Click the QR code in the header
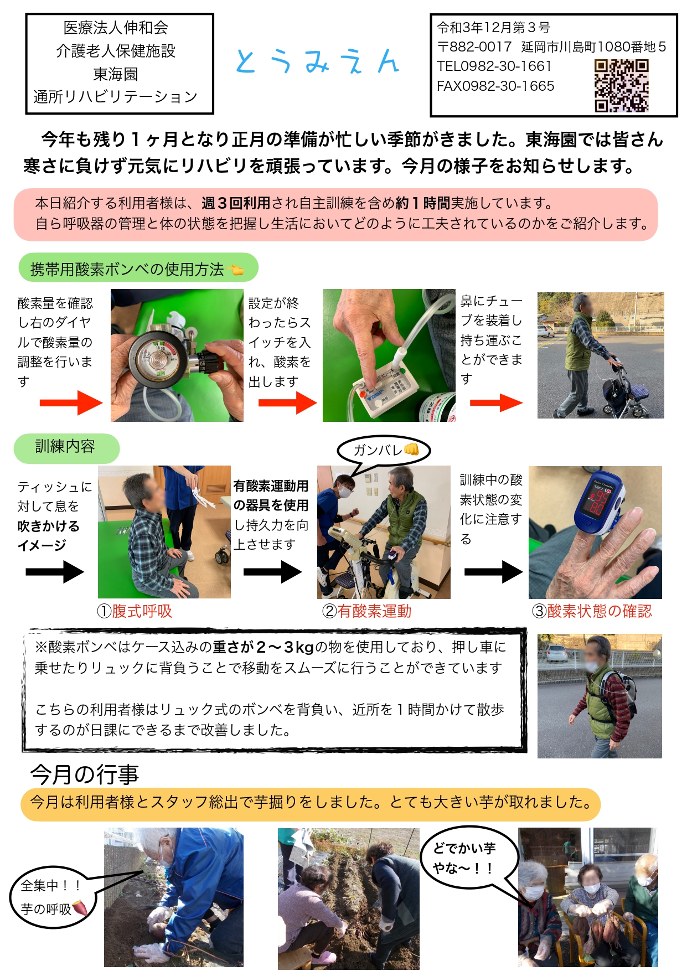pyautogui.click(x=621, y=86)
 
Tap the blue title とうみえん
pyautogui.click(x=317, y=61)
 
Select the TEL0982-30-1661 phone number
pyautogui.click(x=494, y=66)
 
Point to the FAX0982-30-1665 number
pyautogui.click(x=495, y=86)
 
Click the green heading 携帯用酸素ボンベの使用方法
pyautogui.click(x=138, y=269)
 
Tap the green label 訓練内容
pyautogui.click(x=66, y=447)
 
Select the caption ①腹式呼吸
pyautogui.click(x=135, y=611)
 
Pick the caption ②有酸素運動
pyautogui.click(x=366, y=611)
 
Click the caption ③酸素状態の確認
pyautogui.click(x=592, y=611)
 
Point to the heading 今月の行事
pyautogui.click(x=84, y=774)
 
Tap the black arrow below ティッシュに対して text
pyautogui.click(x=55, y=571)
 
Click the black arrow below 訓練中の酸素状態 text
pyautogui.click(x=493, y=571)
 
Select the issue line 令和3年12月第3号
pyautogui.click(x=494, y=27)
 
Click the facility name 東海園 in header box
pyautogui.click(x=116, y=74)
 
